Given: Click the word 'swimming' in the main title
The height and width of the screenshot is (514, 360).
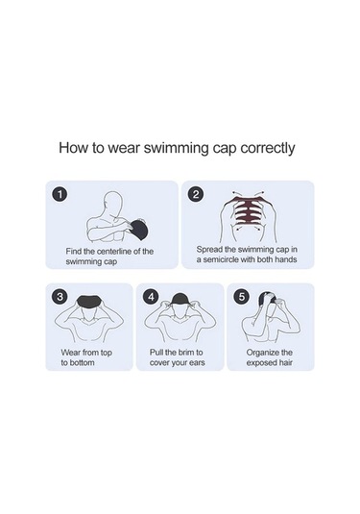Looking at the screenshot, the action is tap(176, 148).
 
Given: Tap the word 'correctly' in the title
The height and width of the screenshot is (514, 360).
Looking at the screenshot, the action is tap(267, 148).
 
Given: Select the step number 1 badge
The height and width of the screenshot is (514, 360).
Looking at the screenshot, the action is tap(60, 194).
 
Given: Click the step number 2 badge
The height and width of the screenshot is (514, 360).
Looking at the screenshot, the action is tap(196, 194).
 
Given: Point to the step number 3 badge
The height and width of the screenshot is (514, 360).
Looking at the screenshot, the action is tap(60, 297).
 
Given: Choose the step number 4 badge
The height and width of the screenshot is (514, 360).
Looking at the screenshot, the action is tap(151, 297).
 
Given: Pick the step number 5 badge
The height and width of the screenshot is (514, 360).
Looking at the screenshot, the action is tap(241, 297).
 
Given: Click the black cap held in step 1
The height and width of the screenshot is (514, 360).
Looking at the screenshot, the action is tap(138, 229).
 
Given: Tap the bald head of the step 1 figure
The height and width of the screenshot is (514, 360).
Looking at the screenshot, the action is tap(113, 202).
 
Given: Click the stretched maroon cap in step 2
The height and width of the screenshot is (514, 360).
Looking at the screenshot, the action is tap(248, 210).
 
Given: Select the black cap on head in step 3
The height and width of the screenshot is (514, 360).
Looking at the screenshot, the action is tap(88, 300).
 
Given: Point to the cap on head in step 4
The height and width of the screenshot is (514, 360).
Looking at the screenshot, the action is tap(180, 300).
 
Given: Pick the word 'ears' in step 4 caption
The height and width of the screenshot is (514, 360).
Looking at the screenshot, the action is tap(197, 362).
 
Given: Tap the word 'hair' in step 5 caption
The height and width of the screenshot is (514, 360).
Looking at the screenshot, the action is tap(286, 363).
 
